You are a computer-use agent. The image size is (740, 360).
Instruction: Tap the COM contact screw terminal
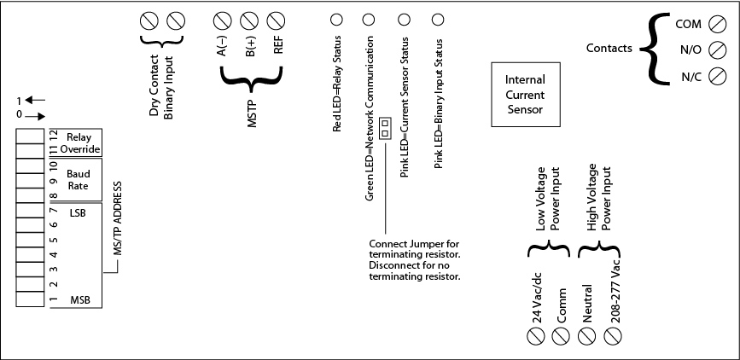[x=718, y=23]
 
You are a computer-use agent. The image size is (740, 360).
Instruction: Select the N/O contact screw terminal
[x=718, y=49]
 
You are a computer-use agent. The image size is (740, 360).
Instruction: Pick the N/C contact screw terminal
[x=718, y=76]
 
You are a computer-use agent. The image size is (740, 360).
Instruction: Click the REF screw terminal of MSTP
[x=277, y=20]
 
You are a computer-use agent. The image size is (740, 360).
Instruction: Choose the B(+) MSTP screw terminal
[x=249, y=20]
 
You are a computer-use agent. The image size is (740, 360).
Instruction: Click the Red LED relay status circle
[x=336, y=19]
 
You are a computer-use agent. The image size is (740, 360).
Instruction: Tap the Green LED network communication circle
[x=369, y=19]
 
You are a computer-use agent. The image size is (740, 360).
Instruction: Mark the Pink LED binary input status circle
[x=437, y=19]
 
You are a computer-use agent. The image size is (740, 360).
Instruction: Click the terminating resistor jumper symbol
[x=385, y=130]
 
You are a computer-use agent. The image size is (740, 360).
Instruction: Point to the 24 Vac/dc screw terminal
[x=537, y=336]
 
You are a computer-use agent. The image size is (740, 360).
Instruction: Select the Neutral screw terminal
[x=587, y=336]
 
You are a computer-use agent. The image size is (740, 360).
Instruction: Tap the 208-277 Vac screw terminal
[x=612, y=336]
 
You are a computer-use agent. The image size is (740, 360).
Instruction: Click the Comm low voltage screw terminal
[x=561, y=336]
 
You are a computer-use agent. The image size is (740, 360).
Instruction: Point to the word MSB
[x=80, y=299]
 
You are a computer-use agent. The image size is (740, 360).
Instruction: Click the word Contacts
[x=609, y=49]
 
